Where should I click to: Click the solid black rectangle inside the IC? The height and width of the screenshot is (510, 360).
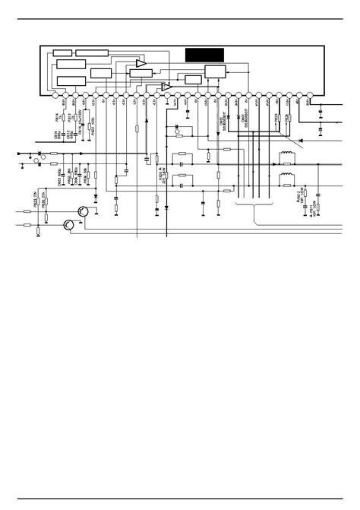(x=204, y=55)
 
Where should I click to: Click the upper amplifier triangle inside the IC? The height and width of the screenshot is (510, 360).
(x=141, y=64)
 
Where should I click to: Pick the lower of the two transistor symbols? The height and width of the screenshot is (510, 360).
(x=69, y=224)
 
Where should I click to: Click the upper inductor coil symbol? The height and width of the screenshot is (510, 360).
(x=287, y=159)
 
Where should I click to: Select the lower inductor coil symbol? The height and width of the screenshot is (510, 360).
(x=287, y=180)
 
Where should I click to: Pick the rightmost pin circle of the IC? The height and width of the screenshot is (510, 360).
(x=308, y=96)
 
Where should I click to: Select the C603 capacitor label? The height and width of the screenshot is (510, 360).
(x=58, y=178)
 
